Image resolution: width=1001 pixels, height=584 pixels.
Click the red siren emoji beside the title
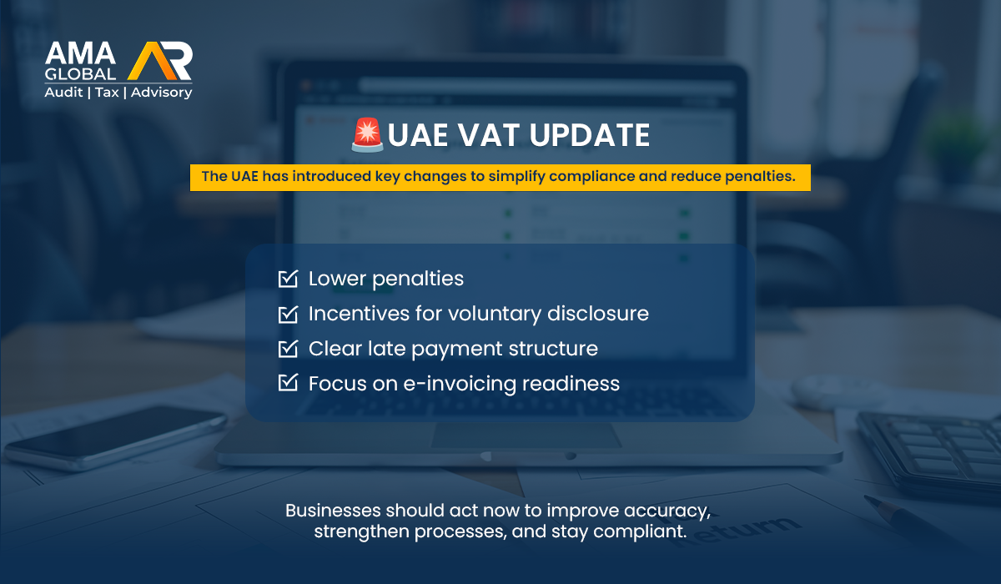pos(367,134)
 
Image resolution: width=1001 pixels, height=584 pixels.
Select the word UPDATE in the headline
pos(590,135)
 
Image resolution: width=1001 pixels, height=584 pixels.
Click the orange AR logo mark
pos(159,61)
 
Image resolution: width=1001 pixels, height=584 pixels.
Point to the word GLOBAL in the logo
pos(80,74)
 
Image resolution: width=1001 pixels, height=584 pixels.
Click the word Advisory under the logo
pos(161,93)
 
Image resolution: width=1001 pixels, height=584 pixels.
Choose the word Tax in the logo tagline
pos(107,93)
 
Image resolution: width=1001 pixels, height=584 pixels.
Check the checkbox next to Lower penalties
pos(288,279)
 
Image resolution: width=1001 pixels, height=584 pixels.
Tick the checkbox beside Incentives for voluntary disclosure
pos(288,314)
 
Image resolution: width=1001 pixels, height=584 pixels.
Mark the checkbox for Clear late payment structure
pos(288,349)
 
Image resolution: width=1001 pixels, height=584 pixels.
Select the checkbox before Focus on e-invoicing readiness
pos(288,383)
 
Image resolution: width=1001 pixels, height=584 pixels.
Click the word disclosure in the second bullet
pos(598,313)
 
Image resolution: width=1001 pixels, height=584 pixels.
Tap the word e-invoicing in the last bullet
pos(460,384)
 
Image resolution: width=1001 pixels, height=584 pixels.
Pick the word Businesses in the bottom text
pos(333,511)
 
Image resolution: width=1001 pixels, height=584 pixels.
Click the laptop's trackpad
pos(526,435)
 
